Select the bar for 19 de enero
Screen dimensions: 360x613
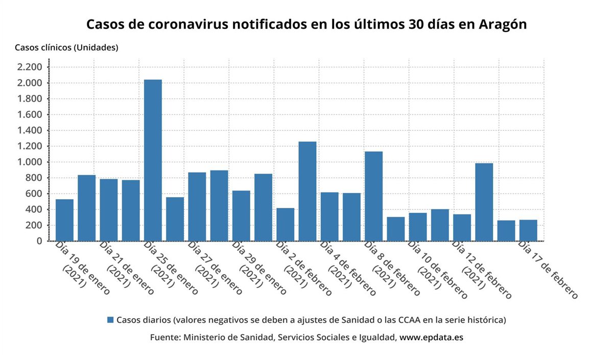click(x=64, y=220)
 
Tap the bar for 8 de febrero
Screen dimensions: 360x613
click(x=373, y=196)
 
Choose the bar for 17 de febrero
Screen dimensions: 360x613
click(x=528, y=230)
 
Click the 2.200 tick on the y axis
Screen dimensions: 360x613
click(x=29, y=67)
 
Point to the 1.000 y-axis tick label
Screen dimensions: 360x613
click(x=29, y=162)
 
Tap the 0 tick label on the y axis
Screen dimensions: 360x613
click(x=38, y=241)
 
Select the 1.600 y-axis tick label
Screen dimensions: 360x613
click(x=29, y=114)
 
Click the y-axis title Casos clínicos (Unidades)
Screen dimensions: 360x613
click(x=66, y=47)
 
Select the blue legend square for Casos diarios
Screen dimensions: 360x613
click(x=110, y=320)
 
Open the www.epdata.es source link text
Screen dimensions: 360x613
click(x=431, y=338)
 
